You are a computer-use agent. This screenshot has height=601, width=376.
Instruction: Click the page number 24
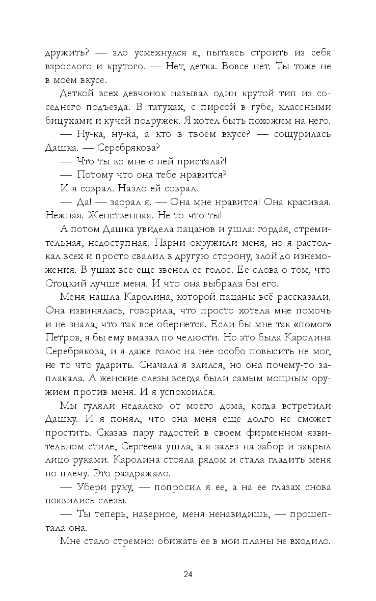187,575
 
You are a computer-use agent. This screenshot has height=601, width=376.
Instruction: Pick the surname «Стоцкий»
68,279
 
